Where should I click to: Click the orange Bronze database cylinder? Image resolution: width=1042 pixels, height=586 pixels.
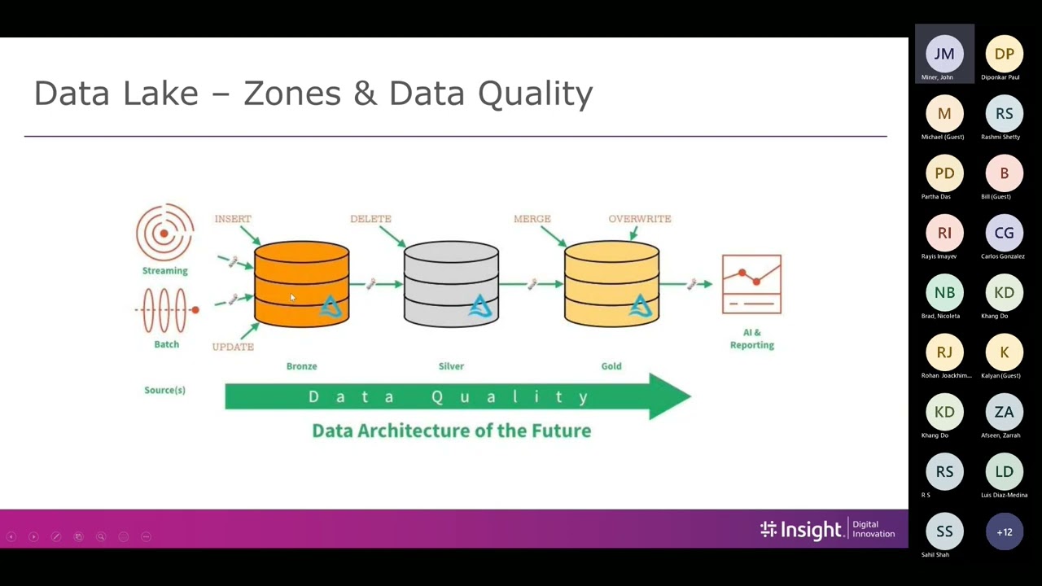tap(301, 284)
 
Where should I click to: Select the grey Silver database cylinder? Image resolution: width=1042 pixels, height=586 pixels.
tap(451, 284)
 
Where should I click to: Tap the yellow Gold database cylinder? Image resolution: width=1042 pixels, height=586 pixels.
tap(611, 284)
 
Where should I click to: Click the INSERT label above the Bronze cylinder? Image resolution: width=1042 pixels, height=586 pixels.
tap(233, 219)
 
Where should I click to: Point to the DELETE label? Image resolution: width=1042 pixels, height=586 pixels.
tap(370, 219)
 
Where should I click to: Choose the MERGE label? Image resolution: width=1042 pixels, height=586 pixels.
tap(532, 219)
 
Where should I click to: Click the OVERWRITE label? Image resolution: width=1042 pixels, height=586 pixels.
tap(640, 219)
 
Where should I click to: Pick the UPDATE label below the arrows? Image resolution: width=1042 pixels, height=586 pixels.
tap(233, 347)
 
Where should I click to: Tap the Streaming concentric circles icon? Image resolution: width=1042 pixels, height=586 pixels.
tap(164, 233)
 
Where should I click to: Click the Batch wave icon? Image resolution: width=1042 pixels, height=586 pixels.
tap(166, 310)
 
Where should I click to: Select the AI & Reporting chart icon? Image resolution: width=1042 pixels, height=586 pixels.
tap(751, 284)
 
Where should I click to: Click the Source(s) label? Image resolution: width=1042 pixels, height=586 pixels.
tap(164, 390)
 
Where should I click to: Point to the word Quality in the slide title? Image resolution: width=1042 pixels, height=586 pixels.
tap(535, 94)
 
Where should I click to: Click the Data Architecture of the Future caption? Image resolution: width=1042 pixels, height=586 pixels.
tap(451, 431)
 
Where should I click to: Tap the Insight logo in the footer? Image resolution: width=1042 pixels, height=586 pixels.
tap(801, 531)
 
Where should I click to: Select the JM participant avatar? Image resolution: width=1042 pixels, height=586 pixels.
tap(944, 54)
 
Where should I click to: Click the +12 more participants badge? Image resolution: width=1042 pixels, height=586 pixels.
tap(1004, 532)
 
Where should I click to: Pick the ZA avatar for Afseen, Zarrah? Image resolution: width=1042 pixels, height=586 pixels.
tap(1004, 413)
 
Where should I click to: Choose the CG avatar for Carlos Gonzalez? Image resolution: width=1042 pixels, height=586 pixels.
tap(1004, 234)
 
